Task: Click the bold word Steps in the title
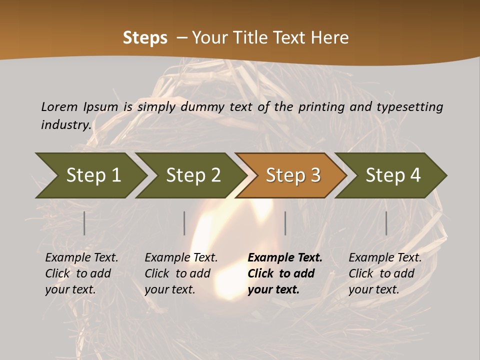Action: [145, 38]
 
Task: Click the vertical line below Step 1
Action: [84, 223]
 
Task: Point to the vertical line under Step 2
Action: [184, 223]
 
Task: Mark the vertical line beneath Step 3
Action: [285, 223]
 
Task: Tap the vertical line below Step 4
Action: [386, 223]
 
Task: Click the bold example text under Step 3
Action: [285, 273]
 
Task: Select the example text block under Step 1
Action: [81, 273]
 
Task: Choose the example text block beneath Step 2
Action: [181, 273]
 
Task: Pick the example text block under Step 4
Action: [385, 273]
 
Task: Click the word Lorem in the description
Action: [59, 106]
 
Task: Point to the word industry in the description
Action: [66, 125]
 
